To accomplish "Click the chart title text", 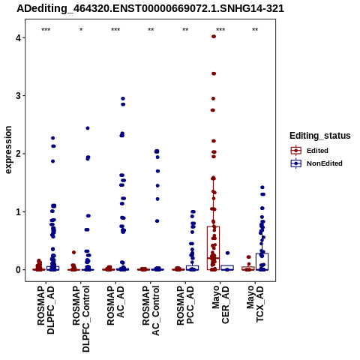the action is pyautogui.click(x=150, y=8).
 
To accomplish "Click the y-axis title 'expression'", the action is pyautogui.click(x=8, y=150).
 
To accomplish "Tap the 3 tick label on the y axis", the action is pyautogui.click(x=18, y=96).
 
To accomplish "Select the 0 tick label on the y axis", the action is pyautogui.click(x=18, y=270).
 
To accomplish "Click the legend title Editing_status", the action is pyautogui.click(x=320, y=136).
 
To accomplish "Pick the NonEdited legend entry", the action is pyautogui.click(x=316, y=163).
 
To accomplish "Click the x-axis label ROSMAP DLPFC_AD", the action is pyautogui.click(x=46, y=310).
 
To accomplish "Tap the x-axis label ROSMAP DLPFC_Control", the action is pyautogui.click(x=80, y=319).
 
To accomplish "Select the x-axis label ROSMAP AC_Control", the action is pyautogui.click(x=151, y=310).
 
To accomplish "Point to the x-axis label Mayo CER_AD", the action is pyautogui.click(x=220, y=304).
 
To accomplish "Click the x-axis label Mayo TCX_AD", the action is pyautogui.click(x=255, y=304).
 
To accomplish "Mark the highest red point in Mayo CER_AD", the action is pyautogui.click(x=214, y=37).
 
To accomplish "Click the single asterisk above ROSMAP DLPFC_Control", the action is pyautogui.click(x=81, y=30).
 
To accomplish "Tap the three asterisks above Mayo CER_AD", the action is pyautogui.click(x=220, y=30).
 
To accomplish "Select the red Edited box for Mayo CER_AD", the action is pyautogui.click(x=214, y=226).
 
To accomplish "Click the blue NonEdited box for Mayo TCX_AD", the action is pyautogui.click(x=262, y=253).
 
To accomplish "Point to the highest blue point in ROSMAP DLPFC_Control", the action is pyautogui.click(x=88, y=128).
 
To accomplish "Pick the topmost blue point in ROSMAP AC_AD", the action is pyautogui.click(x=123, y=99).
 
